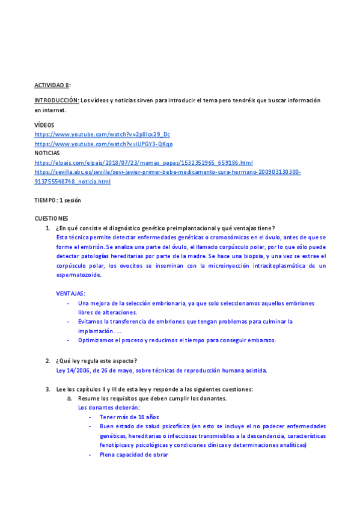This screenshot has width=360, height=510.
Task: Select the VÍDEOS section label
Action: click(x=44, y=124)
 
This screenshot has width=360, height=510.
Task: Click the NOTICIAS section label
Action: click(x=47, y=153)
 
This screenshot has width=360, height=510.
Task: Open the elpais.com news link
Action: click(x=144, y=163)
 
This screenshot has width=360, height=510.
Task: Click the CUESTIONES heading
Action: click(x=51, y=218)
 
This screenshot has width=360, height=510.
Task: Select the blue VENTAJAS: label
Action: click(x=70, y=293)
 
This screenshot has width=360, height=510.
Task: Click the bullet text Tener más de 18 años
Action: click(x=129, y=416)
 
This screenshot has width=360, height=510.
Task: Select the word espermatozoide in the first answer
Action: click(x=79, y=275)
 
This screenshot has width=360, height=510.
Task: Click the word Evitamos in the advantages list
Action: click(x=92, y=322)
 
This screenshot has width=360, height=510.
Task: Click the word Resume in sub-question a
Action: click(x=89, y=398)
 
